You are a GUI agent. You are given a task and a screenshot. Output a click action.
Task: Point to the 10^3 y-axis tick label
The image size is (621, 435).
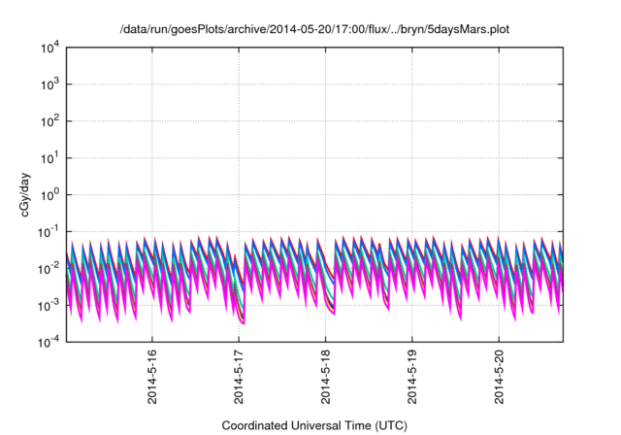(49, 84)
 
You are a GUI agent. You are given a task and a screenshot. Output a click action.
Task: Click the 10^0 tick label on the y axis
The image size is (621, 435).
(49, 194)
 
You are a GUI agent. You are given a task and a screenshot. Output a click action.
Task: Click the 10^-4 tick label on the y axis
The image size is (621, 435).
(49, 342)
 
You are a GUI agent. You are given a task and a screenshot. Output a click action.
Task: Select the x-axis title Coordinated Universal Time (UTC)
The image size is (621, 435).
(313, 425)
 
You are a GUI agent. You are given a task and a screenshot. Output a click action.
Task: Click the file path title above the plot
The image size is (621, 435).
(313, 29)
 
